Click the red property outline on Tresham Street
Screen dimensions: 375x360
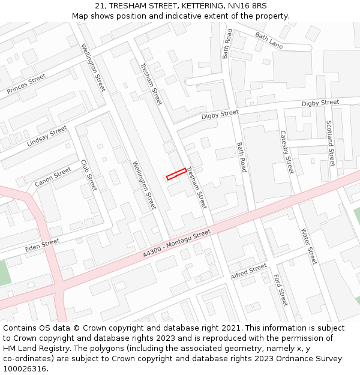pos(176,174)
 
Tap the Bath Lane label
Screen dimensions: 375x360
pos(269,41)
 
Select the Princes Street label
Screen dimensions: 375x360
pos(26,83)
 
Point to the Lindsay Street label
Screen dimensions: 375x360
pos(47,137)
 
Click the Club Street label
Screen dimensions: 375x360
pos(88,175)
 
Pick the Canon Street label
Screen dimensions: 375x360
pos(53,176)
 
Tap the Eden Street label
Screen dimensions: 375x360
pos(42,245)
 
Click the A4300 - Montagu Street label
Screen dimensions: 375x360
pos(177,245)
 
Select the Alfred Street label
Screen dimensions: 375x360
pos(248,272)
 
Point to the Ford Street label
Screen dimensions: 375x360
pos(280,290)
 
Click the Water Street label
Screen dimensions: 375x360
pos(308,246)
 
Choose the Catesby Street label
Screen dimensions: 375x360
pos(287,152)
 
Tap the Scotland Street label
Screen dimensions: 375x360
pos(330,143)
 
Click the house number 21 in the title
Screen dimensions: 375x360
pos(99,5)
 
